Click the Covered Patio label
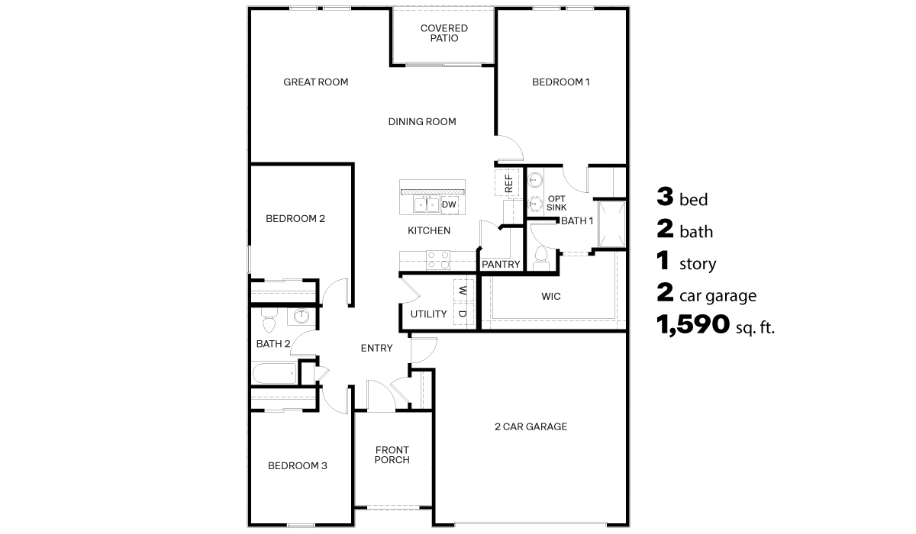coord(443,34)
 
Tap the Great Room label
coord(315,82)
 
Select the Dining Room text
coord(422,121)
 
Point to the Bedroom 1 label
coord(561,82)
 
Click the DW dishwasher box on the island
coord(449,204)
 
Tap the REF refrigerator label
coord(508,182)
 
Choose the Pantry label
coord(501,265)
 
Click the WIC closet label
coord(551,296)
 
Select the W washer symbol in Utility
coord(463,291)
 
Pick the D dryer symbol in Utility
coord(463,314)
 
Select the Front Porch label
coord(392,455)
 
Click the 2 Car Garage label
coord(531,426)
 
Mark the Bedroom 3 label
coord(297,465)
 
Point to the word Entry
coord(376,348)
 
